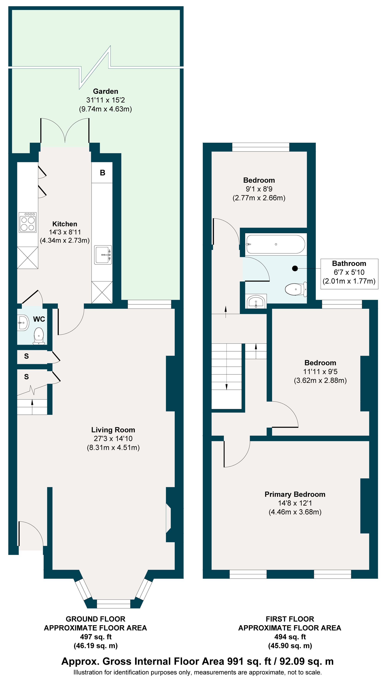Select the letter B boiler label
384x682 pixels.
point(103,173)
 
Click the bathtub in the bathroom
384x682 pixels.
point(276,244)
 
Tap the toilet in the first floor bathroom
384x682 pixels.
point(296,289)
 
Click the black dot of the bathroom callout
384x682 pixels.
point(295,268)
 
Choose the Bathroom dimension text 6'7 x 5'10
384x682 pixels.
point(349,272)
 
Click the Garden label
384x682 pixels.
point(106,91)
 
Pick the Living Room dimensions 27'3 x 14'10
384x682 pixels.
point(113,439)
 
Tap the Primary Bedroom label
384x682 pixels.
point(295,494)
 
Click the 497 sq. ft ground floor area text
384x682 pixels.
point(96,637)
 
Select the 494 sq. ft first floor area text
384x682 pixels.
point(290,637)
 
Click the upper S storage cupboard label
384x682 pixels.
point(26,356)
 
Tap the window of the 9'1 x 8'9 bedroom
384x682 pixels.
point(261,147)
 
